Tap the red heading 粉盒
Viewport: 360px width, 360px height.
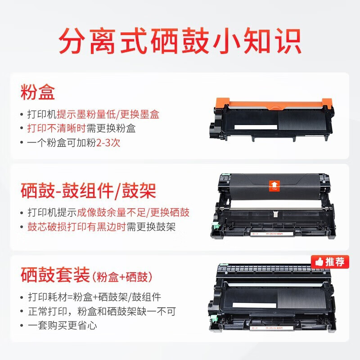38,93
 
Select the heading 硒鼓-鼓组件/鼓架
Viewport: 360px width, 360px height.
88,191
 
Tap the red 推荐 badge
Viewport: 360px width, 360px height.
330,261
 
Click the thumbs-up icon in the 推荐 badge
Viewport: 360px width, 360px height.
319,261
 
